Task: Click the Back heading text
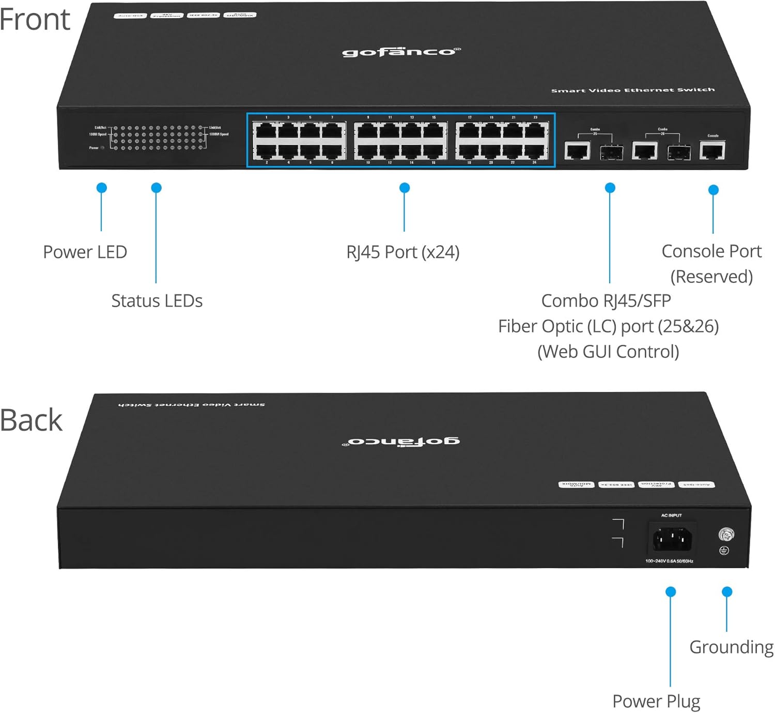[x=31, y=420]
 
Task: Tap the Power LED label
[x=85, y=252]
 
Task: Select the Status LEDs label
[x=157, y=301]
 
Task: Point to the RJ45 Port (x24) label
[x=402, y=252]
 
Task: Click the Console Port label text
[x=711, y=252]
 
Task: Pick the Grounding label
[x=731, y=647]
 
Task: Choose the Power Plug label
[x=656, y=702]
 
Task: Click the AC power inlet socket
[x=672, y=539]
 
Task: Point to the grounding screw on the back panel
[x=726, y=534]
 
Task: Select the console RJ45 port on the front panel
[x=712, y=150]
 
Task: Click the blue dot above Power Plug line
[x=671, y=591]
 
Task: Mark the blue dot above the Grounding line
[x=727, y=591]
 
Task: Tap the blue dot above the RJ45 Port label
[x=405, y=188]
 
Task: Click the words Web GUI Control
[x=608, y=352]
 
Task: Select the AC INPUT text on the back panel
[x=671, y=515]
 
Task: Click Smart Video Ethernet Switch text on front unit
[x=632, y=90]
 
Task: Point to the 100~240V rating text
[x=669, y=561]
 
